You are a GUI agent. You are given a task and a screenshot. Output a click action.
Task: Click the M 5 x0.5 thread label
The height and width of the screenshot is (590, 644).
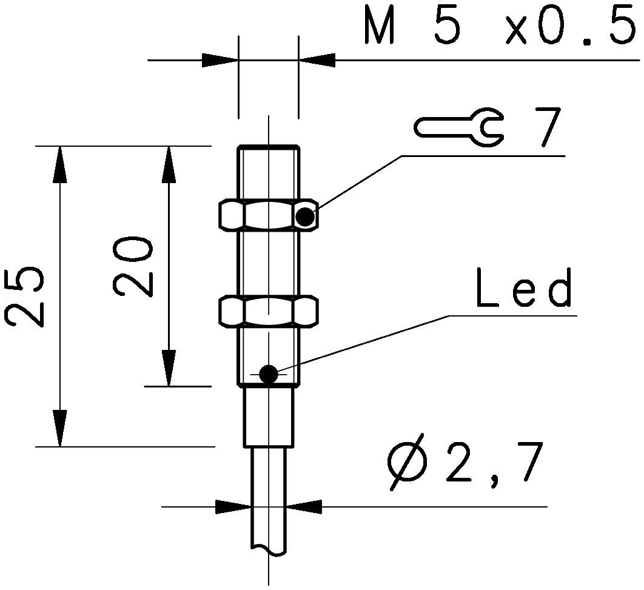point(502,27)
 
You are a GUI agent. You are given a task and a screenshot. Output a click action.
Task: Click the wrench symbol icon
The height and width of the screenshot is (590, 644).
point(458,127)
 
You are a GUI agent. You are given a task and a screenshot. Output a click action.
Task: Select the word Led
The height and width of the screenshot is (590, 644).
point(524,289)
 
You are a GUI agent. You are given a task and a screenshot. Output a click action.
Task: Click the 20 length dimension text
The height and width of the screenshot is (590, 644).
point(133,266)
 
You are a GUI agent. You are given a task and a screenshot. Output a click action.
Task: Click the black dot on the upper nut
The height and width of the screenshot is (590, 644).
point(305,216)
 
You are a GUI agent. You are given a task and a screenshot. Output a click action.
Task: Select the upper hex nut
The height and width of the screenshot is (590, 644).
point(267,215)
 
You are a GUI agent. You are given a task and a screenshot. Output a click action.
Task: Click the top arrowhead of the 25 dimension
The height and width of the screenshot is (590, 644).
point(59,164)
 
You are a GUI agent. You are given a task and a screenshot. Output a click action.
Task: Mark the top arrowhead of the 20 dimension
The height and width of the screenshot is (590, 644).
point(168,164)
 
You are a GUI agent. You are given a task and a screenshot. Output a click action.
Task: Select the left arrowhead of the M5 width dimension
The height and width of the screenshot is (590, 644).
point(220,60)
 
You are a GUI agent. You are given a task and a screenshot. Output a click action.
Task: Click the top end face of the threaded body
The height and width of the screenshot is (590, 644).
point(268,147)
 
